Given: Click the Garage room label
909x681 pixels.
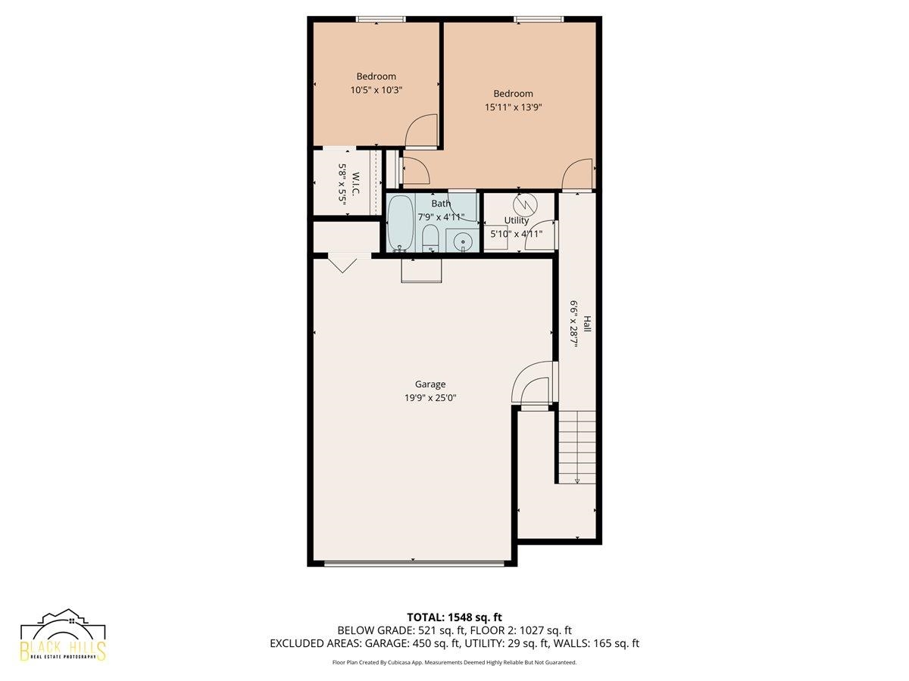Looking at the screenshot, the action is pyautogui.click(x=430, y=384).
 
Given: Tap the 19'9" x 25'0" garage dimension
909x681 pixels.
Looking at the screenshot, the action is pyautogui.click(x=430, y=398).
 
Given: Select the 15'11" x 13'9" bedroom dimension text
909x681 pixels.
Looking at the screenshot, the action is pyautogui.click(x=513, y=107).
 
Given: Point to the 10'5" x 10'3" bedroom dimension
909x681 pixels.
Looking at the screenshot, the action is pyautogui.click(x=376, y=90).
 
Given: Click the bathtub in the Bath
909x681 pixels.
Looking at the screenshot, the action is pyautogui.click(x=401, y=223).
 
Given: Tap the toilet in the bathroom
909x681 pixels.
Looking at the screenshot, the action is pyautogui.click(x=430, y=238).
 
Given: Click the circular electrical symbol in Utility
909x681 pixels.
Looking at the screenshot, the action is pyautogui.click(x=525, y=204).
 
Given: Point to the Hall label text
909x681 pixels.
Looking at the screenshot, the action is pyautogui.click(x=587, y=324).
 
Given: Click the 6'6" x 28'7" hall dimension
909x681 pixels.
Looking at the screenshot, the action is pyautogui.click(x=573, y=324).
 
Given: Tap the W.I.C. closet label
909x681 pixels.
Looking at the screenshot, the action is pyautogui.click(x=355, y=183).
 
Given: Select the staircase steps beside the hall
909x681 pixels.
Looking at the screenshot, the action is pyautogui.click(x=577, y=447).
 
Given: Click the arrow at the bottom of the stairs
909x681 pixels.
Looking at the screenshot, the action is pyautogui.click(x=577, y=480).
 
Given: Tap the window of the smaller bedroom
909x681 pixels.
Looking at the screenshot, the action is pyautogui.click(x=380, y=19).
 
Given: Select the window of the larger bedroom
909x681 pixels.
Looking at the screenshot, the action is pyautogui.click(x=539, y=19).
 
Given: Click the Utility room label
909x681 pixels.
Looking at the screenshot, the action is pyautogui.click(x=517, y=220).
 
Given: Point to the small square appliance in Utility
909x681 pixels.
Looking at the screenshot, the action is pyautogui.click(x=496, y=237).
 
